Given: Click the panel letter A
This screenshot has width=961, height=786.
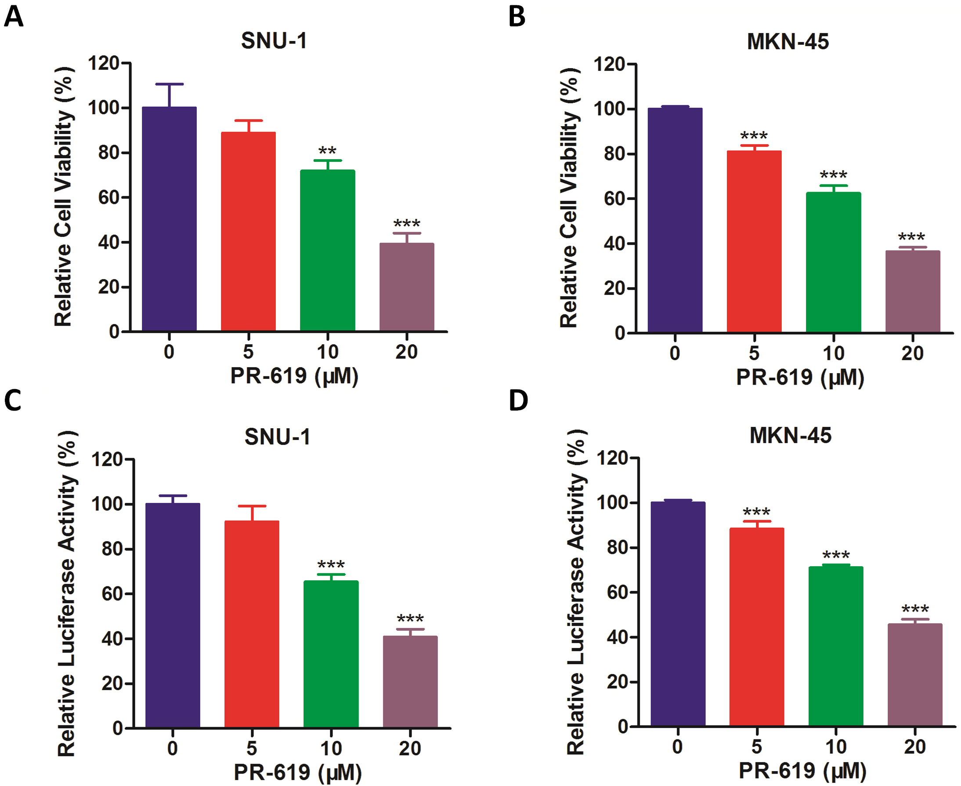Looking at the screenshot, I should [14, 17].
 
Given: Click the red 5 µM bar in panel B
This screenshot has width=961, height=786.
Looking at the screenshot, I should [754, 242].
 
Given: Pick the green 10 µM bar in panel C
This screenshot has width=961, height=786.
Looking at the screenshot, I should [331, 654].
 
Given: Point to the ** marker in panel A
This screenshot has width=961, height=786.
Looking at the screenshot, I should [327, 151].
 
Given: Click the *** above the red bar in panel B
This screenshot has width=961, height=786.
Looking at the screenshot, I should [754, 136].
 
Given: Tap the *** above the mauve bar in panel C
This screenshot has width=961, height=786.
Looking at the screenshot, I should [410, 619].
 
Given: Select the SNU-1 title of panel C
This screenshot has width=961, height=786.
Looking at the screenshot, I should [277, 437].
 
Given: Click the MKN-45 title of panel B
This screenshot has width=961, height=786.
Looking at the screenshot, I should [788, 42].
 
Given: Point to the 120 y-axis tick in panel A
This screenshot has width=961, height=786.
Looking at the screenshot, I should [103, 63].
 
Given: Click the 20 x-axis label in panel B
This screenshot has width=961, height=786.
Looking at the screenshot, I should [912, 353].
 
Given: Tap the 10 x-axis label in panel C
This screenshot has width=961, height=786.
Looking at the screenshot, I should [331, 749].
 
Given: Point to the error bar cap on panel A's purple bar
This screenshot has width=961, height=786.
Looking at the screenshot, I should [169, 84].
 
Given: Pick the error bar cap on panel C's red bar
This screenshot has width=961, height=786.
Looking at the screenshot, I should [252, 506].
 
